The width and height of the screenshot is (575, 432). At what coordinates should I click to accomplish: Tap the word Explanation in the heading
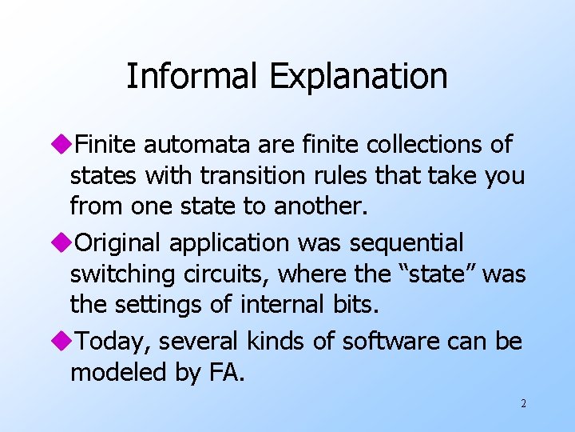(358, 78)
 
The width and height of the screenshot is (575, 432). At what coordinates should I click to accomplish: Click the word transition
(248, 176)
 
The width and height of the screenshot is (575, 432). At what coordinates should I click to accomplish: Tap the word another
(320, 207)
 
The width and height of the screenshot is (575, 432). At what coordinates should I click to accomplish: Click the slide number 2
(523, 404)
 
